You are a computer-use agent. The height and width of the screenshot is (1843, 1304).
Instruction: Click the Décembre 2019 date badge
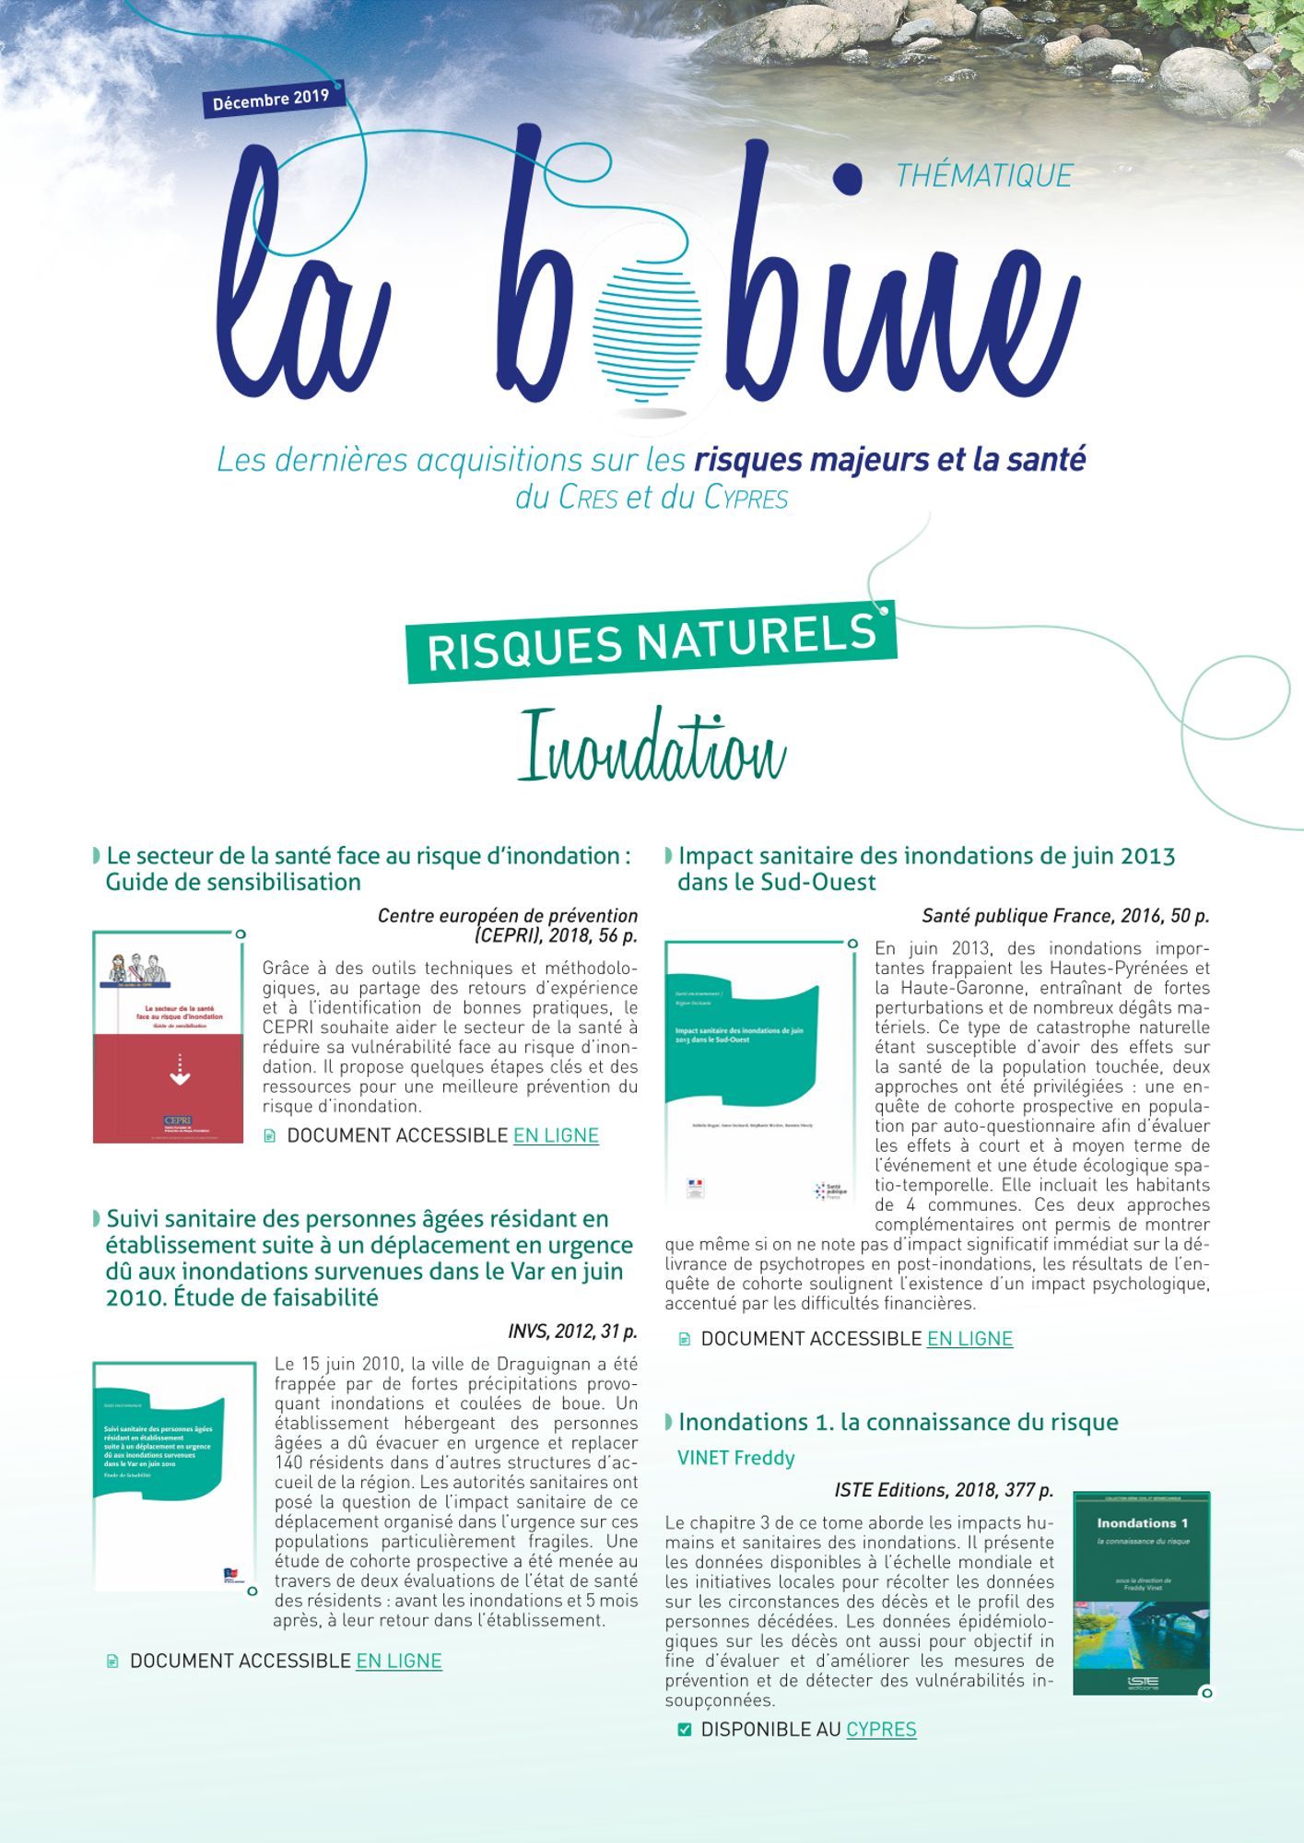pos(271,100)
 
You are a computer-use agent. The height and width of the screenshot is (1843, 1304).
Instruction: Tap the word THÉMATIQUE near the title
pos(984,176)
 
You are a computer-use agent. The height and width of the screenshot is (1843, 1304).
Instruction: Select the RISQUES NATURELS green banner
pos(651,641)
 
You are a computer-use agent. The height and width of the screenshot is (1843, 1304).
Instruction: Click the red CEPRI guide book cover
pos(168,1038)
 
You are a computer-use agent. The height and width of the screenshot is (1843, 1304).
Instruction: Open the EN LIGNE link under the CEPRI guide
pos(556,1135)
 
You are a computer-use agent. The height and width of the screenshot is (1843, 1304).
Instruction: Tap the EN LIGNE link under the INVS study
pos(399,1661)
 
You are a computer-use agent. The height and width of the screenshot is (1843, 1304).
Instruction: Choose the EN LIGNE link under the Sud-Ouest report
pos(969,1339)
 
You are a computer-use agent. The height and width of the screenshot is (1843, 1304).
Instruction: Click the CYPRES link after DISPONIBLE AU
pos(881,1730)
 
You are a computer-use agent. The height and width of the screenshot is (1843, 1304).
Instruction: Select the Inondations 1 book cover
pos(1142,1592)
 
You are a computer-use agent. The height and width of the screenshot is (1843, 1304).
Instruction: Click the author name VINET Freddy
pos(735,1458)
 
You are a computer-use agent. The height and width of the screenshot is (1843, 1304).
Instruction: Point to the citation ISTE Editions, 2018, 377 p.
pos(943,1490)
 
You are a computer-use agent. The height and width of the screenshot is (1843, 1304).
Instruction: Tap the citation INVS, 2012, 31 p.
pos(572,1332)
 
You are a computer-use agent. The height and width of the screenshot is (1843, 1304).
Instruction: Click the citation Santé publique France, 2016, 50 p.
pos(1065,916)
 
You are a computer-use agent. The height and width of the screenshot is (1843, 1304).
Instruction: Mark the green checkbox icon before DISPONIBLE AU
pos(684,1730)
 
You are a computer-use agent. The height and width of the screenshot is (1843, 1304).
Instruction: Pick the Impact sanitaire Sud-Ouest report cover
pos(759,1074)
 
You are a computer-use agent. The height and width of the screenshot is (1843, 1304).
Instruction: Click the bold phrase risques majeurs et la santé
pos(889,459)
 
